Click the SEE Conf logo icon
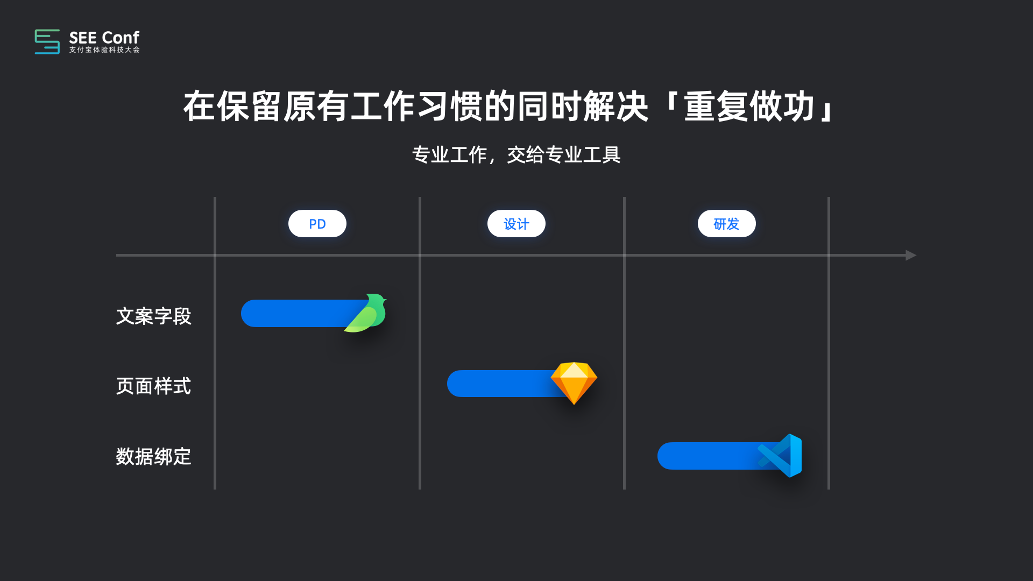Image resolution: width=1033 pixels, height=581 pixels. click(47, 41)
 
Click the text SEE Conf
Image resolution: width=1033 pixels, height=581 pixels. click(104, 38)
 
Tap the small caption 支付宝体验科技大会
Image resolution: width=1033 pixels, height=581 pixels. click(104, 50)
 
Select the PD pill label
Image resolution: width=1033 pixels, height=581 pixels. click(317, 224)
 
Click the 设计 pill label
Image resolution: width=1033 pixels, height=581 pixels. click(516, 224)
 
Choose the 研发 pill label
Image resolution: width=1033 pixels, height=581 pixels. click(726, 224)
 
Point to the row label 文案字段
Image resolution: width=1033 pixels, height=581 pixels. click(153, 316)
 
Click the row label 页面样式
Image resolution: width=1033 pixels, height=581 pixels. click(153, 386)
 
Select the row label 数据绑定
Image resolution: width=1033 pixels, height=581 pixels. click(153, 457)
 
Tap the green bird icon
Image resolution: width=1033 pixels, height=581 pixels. click(368, 314)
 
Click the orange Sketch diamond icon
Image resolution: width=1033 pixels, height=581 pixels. click(574, 382)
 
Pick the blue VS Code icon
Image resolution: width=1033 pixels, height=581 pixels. click(782, 456)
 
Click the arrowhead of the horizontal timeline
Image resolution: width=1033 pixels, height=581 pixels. click(910, 255)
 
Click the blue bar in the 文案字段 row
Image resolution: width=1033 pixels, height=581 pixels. click(296, 314)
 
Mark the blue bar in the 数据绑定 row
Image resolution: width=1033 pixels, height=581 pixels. click(705, 456)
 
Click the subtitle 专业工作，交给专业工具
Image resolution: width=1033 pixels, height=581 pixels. click(516, 155)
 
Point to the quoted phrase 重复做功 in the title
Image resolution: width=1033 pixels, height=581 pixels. click(749, 107)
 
